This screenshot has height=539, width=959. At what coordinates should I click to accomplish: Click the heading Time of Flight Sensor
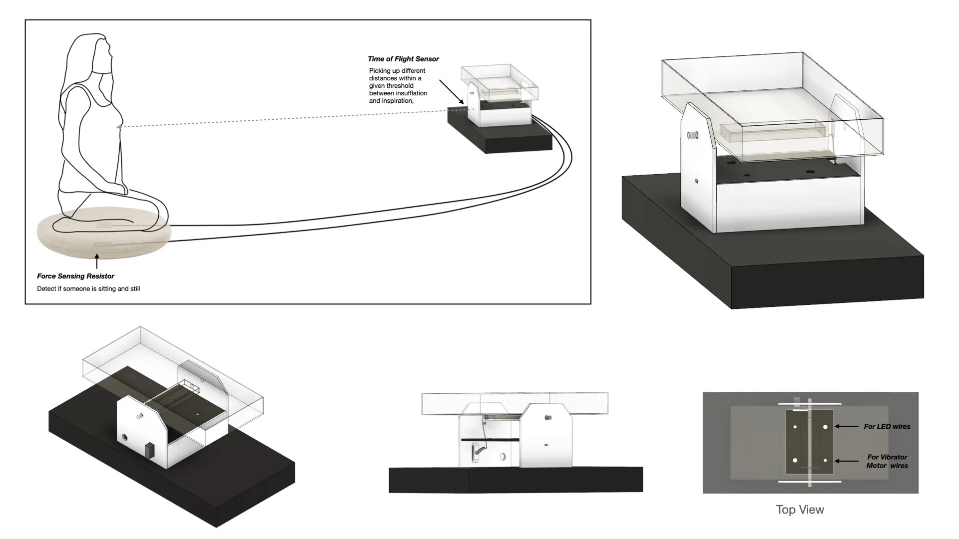coord(403,59)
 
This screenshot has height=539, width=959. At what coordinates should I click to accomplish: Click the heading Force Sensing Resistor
coord(75,276)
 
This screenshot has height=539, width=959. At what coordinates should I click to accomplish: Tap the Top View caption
coord(800,510)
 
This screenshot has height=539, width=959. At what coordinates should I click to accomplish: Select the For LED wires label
coord(887,427)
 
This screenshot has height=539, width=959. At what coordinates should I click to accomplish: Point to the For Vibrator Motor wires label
coord(887,461)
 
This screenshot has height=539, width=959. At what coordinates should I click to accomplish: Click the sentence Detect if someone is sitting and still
coord(88,289)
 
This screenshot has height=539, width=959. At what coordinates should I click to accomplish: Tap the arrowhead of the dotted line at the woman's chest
coord(119,127)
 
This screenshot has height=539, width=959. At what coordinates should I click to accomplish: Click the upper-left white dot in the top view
coord(795,427)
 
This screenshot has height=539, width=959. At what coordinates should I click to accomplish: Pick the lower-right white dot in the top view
coord(825,461)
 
